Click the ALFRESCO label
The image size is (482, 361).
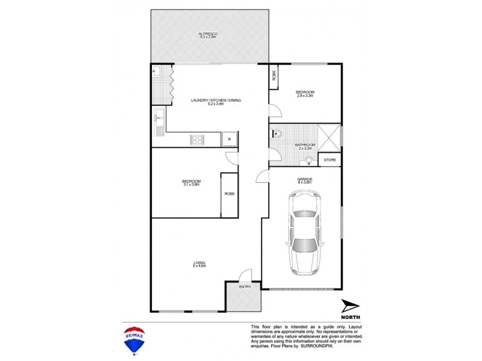point(208,35)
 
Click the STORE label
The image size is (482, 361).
point(330,160)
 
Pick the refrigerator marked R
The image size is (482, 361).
point(229,139)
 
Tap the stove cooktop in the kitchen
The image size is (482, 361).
point(197,140)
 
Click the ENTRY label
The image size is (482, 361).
point(245,286)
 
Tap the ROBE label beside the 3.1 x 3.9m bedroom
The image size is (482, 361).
point(230,194)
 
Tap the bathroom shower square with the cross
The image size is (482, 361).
point(330,137)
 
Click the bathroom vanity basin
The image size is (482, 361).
point(308,161)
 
